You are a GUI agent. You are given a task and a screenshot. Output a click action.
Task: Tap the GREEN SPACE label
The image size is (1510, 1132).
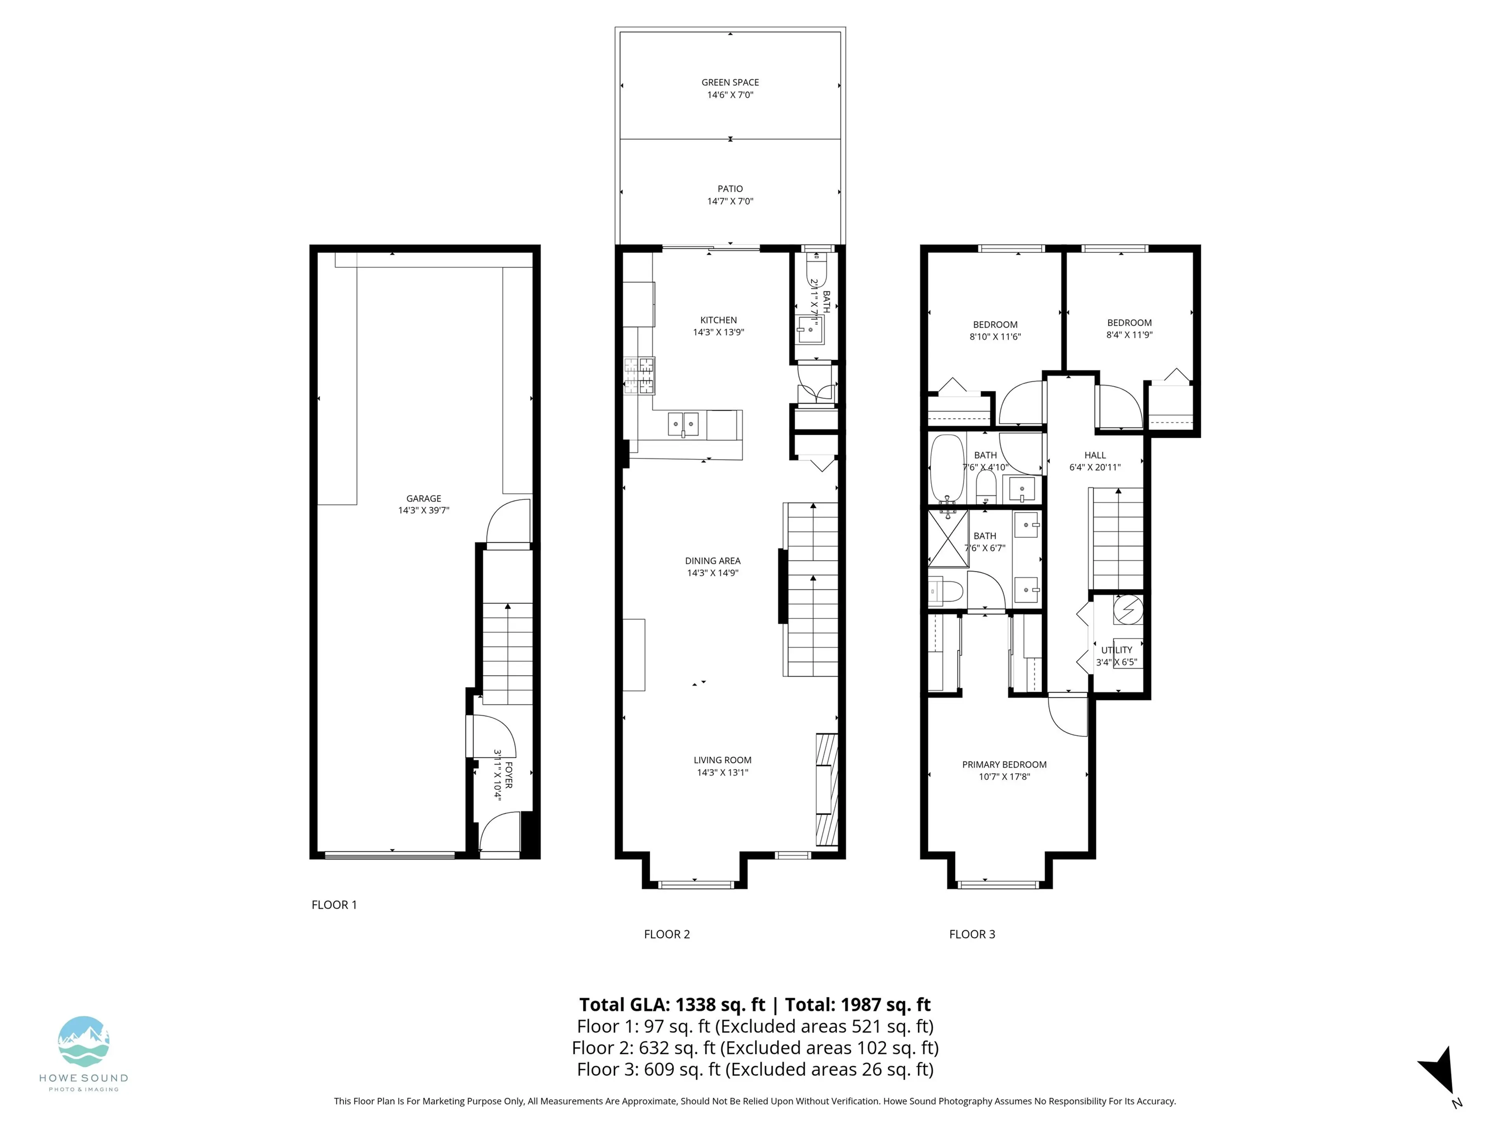tap(730, 82)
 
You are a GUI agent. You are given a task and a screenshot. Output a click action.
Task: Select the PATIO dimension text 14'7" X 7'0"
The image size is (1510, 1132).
tap(730, 201)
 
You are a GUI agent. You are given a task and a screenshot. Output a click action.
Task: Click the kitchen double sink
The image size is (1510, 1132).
tap(683, 424)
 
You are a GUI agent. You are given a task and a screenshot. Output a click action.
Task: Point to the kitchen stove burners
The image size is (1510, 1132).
tap(639, 375)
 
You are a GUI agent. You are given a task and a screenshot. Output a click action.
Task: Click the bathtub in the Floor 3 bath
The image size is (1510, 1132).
tap(947, 469)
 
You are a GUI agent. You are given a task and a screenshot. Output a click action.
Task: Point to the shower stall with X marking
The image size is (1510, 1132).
tap(948, 538)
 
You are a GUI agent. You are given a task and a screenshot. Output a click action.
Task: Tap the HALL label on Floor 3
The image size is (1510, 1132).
tap(1095, 455)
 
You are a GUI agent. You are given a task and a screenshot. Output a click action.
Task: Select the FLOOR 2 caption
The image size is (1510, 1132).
tap(667, 934)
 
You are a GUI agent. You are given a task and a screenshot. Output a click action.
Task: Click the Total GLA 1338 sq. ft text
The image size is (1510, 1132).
tap(672, 1004)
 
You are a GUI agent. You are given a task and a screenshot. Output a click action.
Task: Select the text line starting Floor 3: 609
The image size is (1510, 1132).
tap(754, 1069)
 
